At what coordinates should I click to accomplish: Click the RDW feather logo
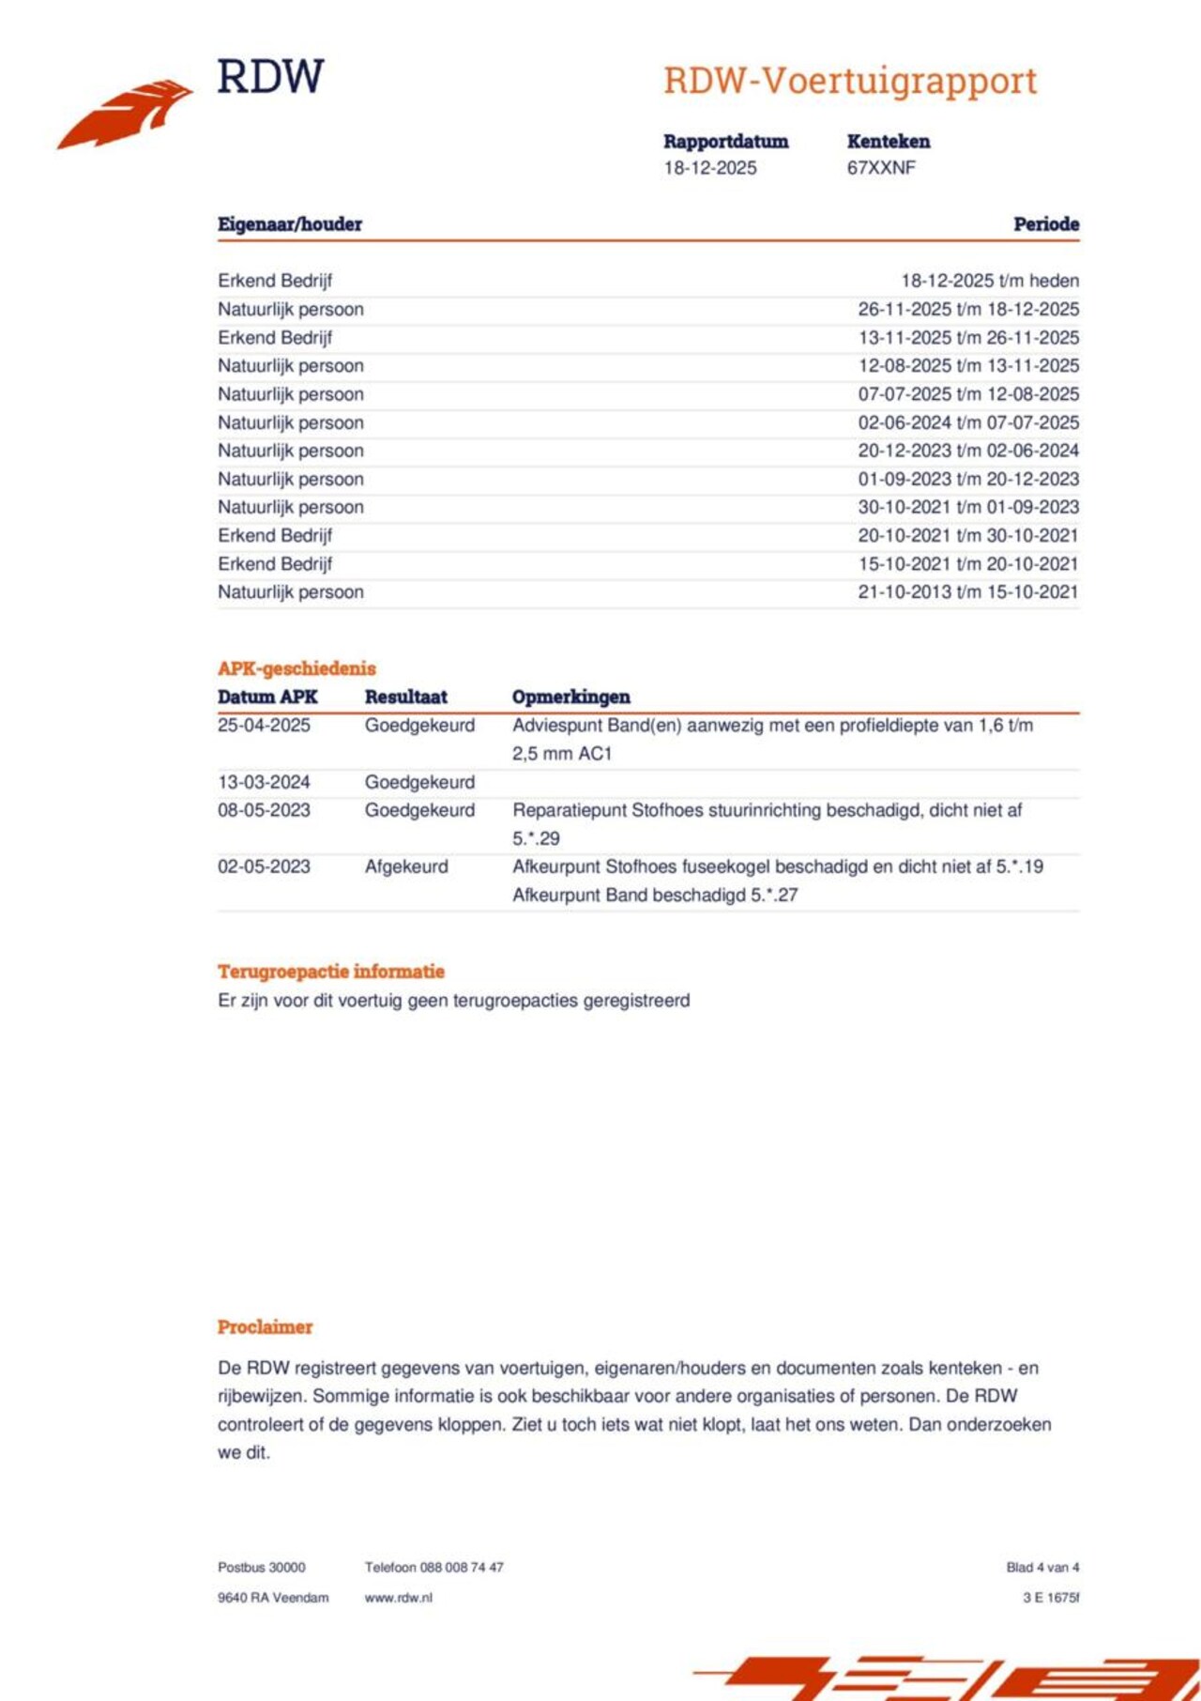tap(126, 113)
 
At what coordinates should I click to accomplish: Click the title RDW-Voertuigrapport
tap(850, 81)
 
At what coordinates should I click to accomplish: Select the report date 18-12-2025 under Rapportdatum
tap(710, 168)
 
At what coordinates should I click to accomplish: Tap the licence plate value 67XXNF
tap(881, 168)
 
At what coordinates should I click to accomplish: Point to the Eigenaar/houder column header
tap(290, 224)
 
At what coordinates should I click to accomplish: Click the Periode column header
tap(1046, 224)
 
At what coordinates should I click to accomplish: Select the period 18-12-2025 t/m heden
tap(990, 281)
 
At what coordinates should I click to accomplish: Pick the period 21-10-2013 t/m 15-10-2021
tap(968, 592)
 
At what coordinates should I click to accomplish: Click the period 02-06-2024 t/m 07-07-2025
tap(968, 422)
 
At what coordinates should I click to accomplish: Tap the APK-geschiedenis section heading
tap(296, 668)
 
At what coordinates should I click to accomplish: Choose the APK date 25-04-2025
tap(264, 726)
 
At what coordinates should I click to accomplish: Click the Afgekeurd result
tap(406, 866)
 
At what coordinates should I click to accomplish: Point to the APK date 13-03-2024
tap(264, 782)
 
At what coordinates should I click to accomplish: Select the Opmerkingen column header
tap(570, 697)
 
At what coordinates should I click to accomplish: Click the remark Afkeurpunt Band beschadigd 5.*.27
tap(655, 896)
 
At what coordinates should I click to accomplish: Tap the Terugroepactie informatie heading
tap(331, 972)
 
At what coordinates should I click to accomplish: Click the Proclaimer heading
tap(265, 1327)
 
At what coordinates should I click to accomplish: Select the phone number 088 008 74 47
tap(462, 1568)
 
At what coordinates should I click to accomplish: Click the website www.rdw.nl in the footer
tap(399, 1598)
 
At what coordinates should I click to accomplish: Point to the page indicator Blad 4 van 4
tap(1042, 1568)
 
